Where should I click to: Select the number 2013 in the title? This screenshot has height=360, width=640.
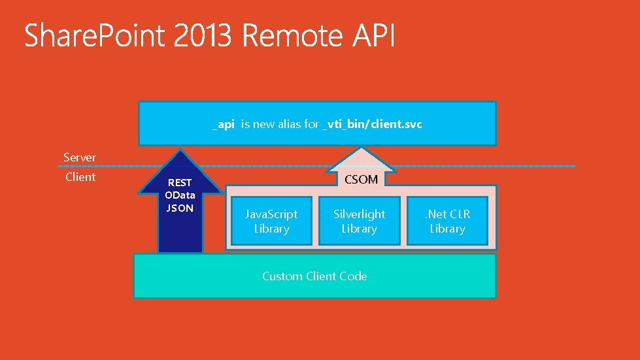[203, 36]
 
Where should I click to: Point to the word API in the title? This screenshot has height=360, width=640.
[374, 36]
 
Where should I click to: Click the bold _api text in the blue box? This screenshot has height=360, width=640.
[223, 123]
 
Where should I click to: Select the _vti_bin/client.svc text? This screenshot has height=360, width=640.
[373, 123]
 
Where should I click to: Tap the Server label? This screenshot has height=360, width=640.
[80, 157]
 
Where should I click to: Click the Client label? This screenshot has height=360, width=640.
[80, 177]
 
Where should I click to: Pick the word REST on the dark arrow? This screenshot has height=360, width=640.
[180, 184]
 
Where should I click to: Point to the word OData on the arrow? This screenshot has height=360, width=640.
[180, 195]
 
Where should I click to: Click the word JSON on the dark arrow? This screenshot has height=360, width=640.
[180, 208]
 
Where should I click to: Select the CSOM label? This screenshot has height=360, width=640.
[361, 179]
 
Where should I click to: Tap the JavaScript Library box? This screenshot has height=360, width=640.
[271, 221]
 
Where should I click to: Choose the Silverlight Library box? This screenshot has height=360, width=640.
[359, 221]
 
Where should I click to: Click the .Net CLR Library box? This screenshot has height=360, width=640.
[447, 221]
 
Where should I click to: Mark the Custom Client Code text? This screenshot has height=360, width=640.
[314, 276]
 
